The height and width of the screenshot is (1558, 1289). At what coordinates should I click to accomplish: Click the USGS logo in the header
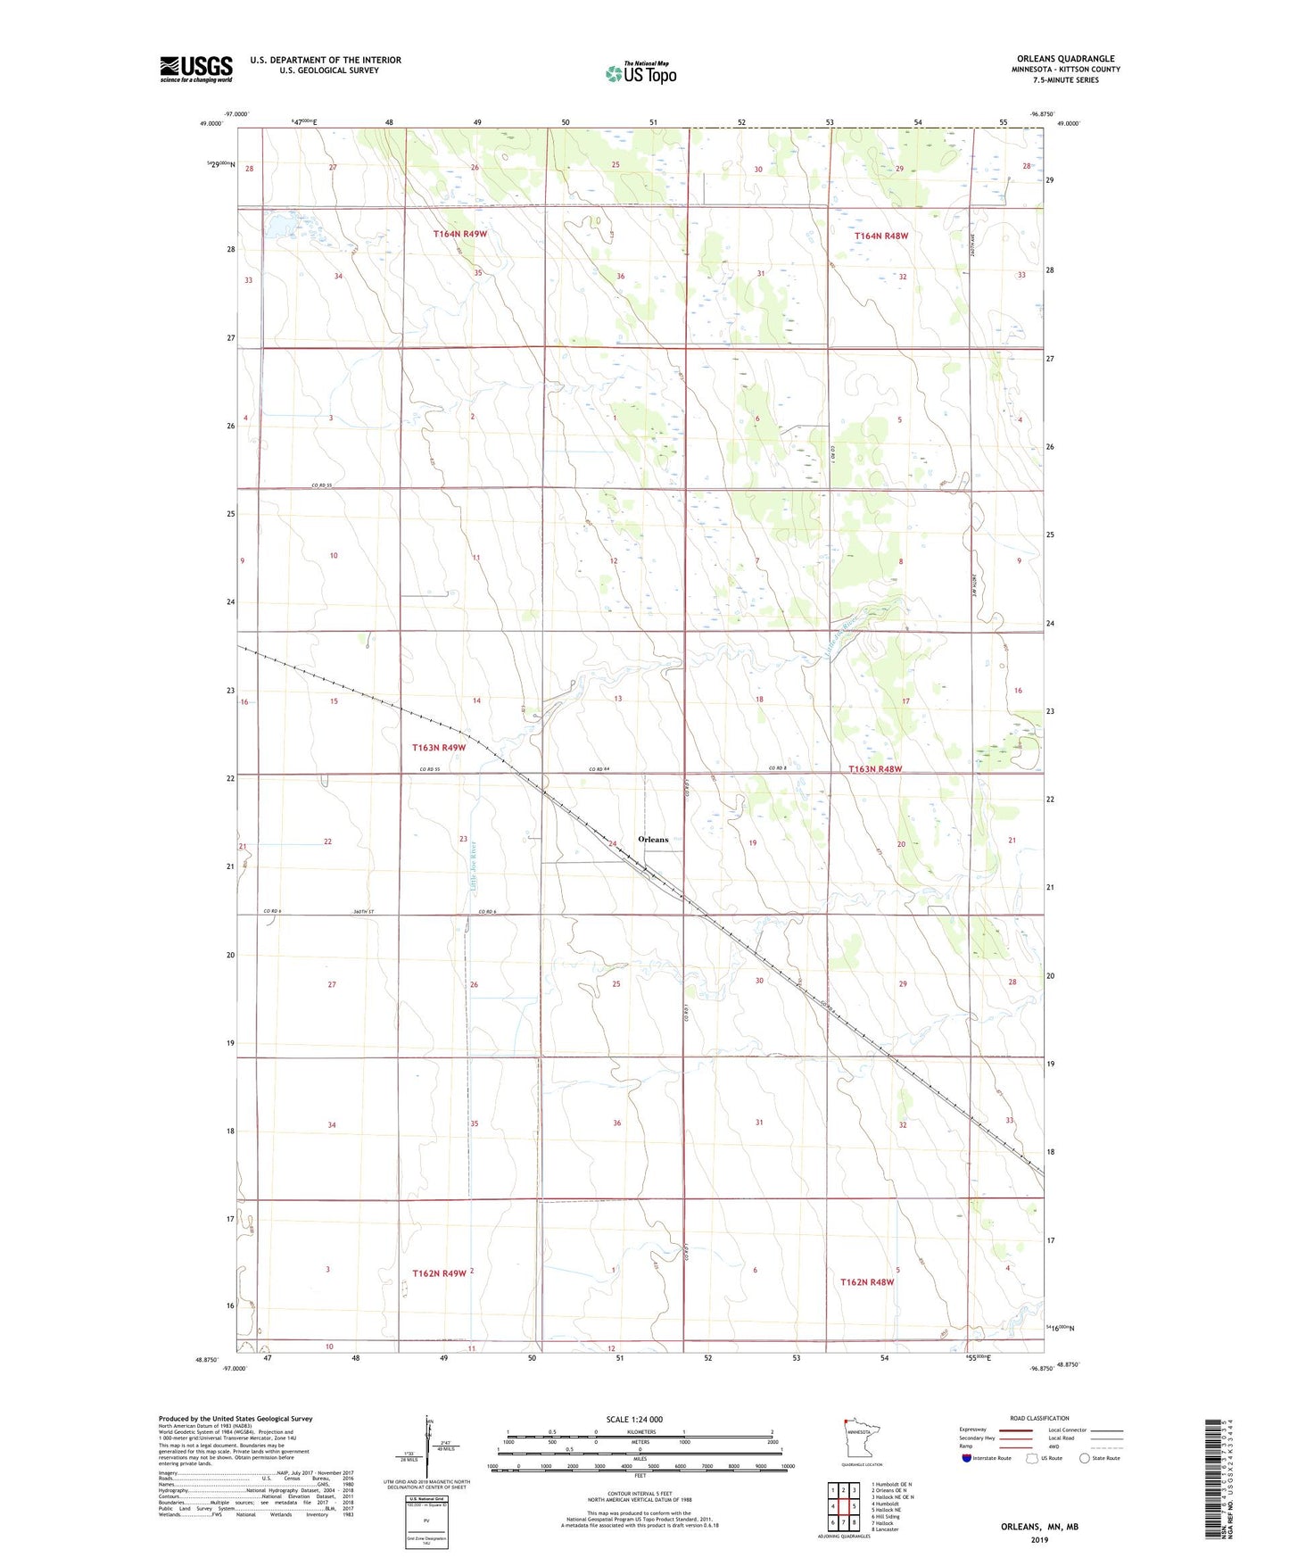click(196, 69)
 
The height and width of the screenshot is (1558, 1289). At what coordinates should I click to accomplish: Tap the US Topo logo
click(640, 73)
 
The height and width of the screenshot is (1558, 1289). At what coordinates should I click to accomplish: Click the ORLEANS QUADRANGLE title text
click(1065, 59)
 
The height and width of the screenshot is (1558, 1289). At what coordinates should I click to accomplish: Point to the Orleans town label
click(653, 840)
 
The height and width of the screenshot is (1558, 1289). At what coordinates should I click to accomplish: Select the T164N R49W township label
click(460, 234)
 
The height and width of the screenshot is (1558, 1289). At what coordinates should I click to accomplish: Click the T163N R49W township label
click(439, 748)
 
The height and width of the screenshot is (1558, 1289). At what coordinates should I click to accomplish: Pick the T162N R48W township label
click(867, 1282)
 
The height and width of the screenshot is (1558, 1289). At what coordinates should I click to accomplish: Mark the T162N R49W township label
click(439, 1273)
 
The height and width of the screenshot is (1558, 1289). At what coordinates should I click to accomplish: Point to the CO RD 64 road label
click(599, 769)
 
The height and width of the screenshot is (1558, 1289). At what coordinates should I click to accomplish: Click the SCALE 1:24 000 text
click(634, 1419)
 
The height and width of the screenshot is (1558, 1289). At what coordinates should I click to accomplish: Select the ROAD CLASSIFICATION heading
click(1039, 1418)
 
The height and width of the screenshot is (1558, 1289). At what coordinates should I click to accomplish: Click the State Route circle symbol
click(1085, 1458)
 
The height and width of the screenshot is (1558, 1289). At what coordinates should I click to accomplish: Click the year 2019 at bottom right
click(1038, 1539)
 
